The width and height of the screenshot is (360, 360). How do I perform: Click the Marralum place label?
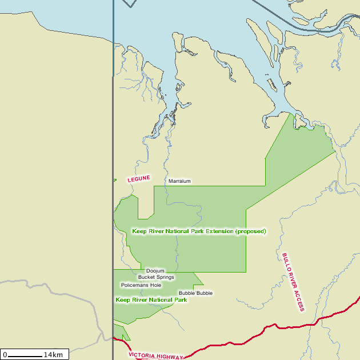pyautogui.click(x=179, y=181)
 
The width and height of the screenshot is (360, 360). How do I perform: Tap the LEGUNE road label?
pyautogui.click(x=139, y=179)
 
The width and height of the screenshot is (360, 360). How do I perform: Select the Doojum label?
pyautogui.click(x=155, y=271)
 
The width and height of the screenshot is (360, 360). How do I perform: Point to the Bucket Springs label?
pyautogui.click(x=156, y=277)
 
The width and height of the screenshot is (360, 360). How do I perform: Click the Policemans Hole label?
pyautogui.click(x=141, y=285)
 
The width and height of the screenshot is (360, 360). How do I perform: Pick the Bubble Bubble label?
pyautogui.click(x=195, y=293)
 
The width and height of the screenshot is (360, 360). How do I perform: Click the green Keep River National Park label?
pyautogui.click(x=151, y=299)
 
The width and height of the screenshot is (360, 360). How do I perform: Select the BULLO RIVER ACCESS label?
pyautogui.click(x=293, y=282)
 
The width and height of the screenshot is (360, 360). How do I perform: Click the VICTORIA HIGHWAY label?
pyautogui.click(x=156, y=355)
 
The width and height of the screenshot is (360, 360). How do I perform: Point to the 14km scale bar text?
pyautogui.click(x=53, y=355)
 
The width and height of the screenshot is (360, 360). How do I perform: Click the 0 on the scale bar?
pyautogui.click(x=5, y=355)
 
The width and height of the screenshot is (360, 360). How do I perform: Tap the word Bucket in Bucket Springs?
pyautogui.click(x=146, y=277)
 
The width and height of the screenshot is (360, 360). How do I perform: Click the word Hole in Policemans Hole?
pyautogui.click(x=155, y=285)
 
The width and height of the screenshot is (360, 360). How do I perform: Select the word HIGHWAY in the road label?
pyautogui.click(x=170, y=357)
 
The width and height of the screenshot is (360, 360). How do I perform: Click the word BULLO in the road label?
pyautogui.click(x=285, y=262)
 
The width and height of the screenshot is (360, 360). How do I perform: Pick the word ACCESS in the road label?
pyautogui.click(x=299, y=301)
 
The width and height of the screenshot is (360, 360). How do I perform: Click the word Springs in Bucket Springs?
pyautogui.click(x=165, y=277)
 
